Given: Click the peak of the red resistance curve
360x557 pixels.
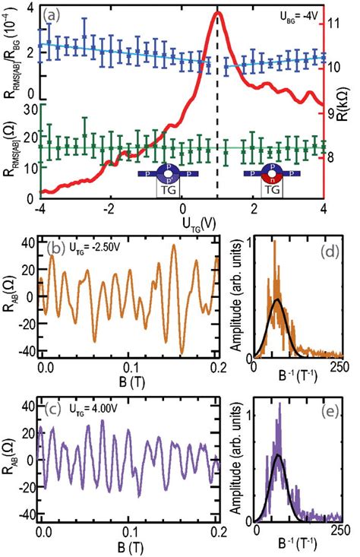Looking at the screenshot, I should (x=219, y=12).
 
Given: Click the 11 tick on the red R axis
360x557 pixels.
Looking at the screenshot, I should (x=336, y=24).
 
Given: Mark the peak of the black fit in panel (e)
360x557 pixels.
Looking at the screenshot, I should (x=278, y=455).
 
